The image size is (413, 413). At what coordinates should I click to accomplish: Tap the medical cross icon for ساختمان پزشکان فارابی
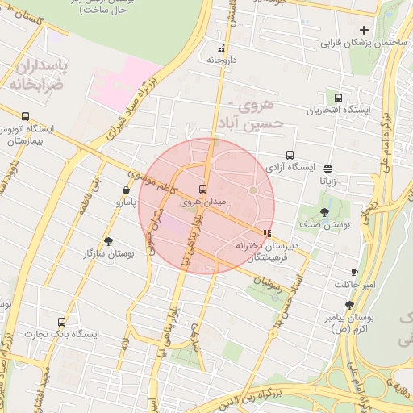tap(364, 30)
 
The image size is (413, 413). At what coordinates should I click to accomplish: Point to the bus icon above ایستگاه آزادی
tap(289, 155)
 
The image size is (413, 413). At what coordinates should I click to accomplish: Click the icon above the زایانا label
tap(327, 169)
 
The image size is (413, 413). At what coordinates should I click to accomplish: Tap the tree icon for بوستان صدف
tap(324, 213)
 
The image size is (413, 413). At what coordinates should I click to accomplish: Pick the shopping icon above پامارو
tap(127, 190)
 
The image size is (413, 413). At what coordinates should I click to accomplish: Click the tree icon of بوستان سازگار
tap(109, 241)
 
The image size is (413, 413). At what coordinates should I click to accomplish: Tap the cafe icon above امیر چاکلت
tap(354, 273)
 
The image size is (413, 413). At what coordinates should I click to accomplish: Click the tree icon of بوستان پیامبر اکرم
tap(349, 305)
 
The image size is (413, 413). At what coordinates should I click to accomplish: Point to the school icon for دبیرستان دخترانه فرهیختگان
tap(267, 233)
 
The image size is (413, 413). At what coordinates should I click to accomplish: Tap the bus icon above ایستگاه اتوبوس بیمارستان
tap(26, 116)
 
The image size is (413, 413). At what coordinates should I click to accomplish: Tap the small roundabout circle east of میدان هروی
tap(252, 190)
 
